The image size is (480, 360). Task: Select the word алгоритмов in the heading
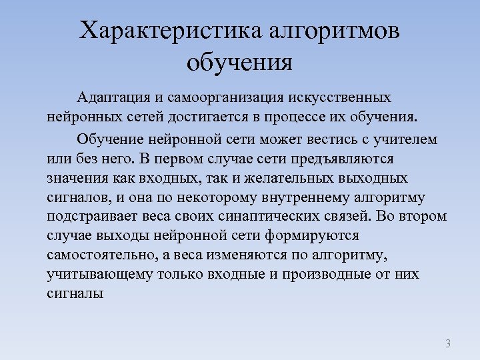336,31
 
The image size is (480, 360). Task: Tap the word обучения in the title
240,63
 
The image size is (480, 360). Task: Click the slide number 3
448,344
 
